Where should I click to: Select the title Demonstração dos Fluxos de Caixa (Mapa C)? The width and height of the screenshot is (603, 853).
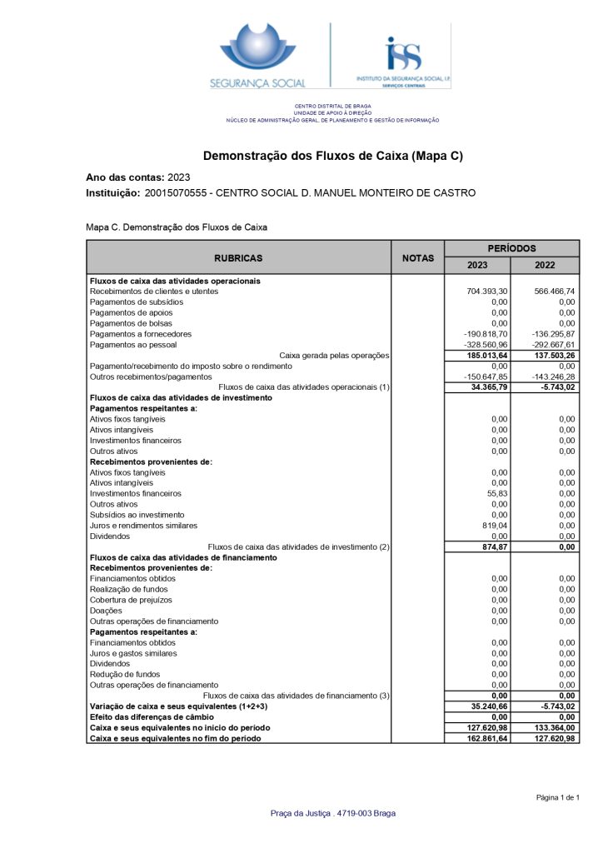333,156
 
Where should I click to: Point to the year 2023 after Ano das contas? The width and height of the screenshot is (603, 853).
179,177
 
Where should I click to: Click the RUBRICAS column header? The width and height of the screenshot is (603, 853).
238,258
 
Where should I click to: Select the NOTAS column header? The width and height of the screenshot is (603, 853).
417,258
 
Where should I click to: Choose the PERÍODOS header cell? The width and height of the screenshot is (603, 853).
511,248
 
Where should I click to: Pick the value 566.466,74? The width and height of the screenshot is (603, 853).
555,292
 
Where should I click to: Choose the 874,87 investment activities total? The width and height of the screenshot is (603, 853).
494,546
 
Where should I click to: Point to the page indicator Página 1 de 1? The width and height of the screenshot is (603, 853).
557,798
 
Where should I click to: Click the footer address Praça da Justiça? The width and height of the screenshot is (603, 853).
333,814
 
